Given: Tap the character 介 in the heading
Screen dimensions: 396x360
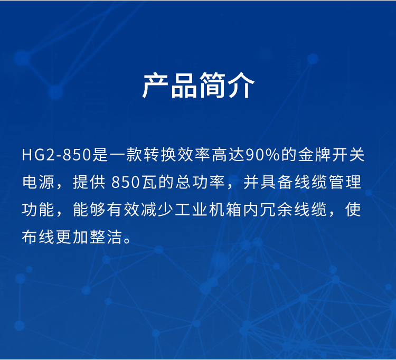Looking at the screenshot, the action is (241, 86).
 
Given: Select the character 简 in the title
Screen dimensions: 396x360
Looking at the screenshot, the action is (212, 86).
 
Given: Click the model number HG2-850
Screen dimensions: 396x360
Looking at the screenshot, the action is (56, 155).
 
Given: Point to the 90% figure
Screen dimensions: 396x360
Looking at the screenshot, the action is (262, 155).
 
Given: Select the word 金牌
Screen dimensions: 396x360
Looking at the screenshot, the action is (315, 155).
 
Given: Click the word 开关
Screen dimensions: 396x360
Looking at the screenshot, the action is (348, 155).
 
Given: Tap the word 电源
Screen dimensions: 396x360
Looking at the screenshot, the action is (39, 182).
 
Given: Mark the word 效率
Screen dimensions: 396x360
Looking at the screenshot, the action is (194, 155).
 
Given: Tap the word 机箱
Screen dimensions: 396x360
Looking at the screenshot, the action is (225, 209).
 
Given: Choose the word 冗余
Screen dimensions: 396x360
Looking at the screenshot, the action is (277, 209).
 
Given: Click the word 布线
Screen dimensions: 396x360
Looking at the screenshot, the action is (38, 237).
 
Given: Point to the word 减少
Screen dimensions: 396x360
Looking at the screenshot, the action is (157, 209).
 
